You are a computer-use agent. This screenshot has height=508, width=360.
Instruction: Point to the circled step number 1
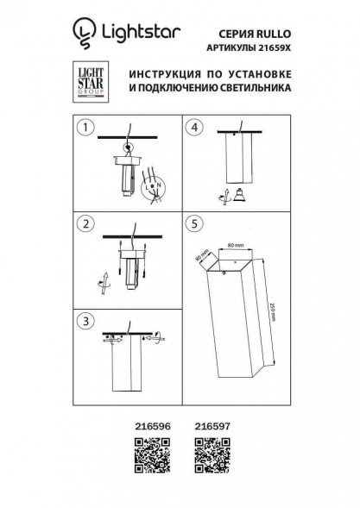84,129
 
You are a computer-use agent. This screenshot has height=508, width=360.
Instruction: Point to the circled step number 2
84,225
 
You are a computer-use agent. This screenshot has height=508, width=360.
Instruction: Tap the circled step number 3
84,321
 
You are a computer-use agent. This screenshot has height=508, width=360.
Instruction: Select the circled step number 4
195,129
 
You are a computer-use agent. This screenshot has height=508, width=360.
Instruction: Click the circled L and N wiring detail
155,185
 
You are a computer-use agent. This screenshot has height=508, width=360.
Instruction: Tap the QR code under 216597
207,453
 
